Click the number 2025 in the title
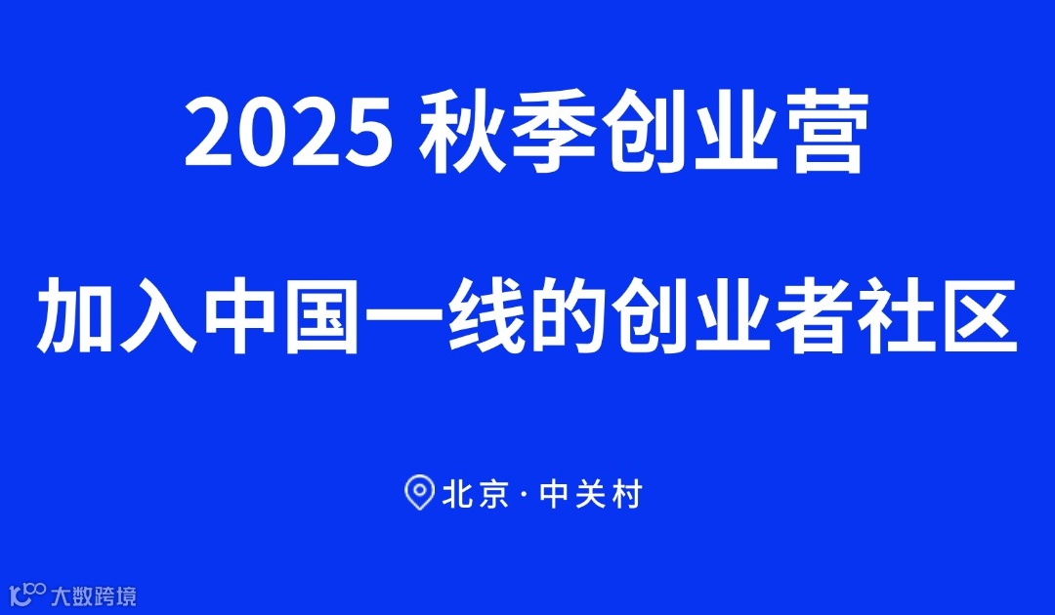coord(290,135)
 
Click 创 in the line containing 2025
coord(642,135)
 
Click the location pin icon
coord(419,493)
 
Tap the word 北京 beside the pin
coord(475,494)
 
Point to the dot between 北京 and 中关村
coord(525,495)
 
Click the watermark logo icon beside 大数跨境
coord(27,593)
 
